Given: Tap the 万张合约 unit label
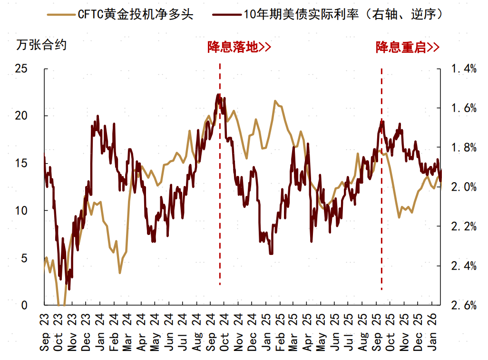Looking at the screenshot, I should point(41,46).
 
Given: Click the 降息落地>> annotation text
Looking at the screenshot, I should point(239,47).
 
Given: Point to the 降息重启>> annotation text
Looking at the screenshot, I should point(407,47).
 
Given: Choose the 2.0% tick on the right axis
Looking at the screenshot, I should point(463,187).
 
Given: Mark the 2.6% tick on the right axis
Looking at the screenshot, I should point(463,305).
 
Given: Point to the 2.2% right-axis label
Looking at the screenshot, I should point(463,226).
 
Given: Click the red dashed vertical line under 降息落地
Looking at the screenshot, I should point(220,190).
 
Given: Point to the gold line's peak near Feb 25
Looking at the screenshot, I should point(275,101).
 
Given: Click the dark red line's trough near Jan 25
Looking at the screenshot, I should point(271,253).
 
